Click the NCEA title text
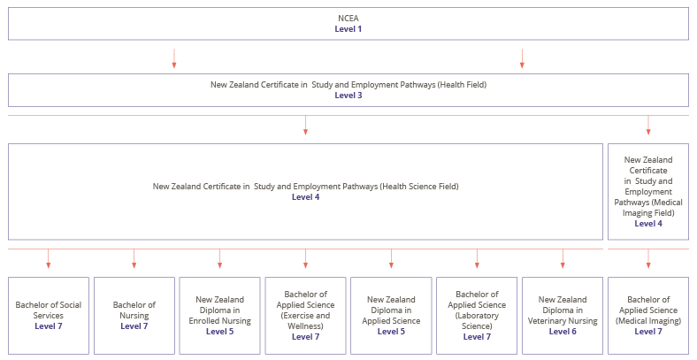point(348,18)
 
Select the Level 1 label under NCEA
point(348,29)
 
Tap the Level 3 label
point(348,95)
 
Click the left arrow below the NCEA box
point(174,58)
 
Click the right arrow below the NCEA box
point(522,58)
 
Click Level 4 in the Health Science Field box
point(305,197)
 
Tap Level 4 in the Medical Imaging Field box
point(648,224)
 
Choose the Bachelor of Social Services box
point(49,315)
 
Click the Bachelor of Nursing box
point(134,315)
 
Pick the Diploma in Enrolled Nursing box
point(219,315)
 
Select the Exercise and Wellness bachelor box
point(305,315)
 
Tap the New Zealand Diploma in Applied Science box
point(391,315)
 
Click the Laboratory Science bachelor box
point(477,315)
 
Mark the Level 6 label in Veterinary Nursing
point(563,332)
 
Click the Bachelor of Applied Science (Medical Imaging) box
point(648,315)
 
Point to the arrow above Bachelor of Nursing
point(134,258)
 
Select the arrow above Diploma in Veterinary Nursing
point(563,258)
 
